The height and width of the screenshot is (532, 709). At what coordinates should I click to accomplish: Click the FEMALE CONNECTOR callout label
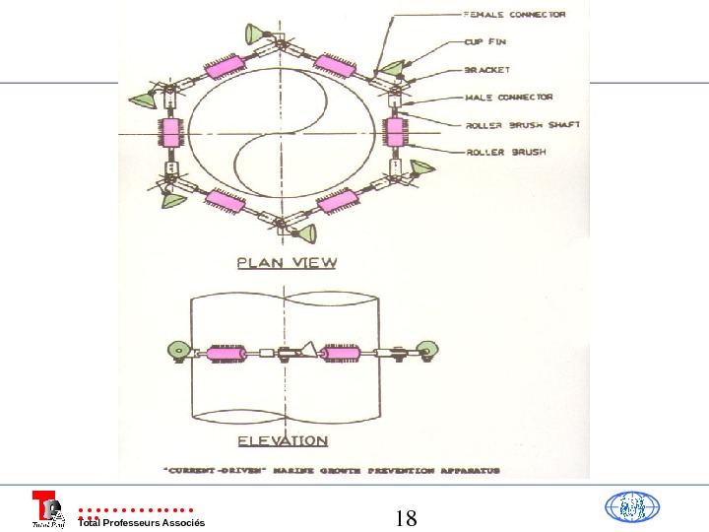click(x=514, y=16)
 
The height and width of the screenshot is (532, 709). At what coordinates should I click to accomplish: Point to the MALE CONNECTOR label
click(x=508, y=98)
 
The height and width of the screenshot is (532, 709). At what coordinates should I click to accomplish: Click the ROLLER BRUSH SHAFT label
click(x=522, y=125)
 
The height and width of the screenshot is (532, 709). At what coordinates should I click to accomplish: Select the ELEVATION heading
click(x=283, y=440)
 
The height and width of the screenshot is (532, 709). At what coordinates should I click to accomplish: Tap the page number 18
click(x=406, y=518)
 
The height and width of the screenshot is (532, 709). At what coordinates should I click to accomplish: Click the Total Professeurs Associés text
click(x=141, y=522)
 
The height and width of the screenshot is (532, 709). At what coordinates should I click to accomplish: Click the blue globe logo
click(x=631, y=508)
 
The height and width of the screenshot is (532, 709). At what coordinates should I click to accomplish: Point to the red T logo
click(x=44, y=508)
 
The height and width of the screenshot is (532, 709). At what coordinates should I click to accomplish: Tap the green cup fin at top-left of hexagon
click(x=257, y=36)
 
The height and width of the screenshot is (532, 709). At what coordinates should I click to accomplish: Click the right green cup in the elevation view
click(x=426, y=347)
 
